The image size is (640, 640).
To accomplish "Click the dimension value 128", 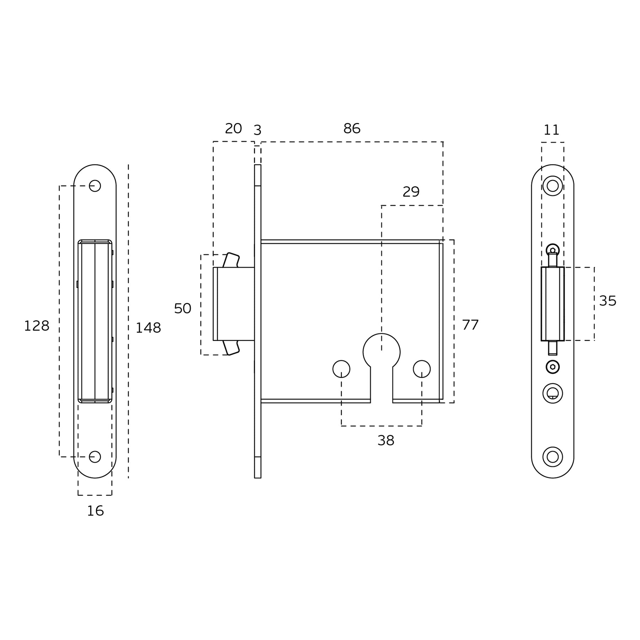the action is click(x=37, y=326).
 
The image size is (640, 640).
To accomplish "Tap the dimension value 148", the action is click(x=148, y=328).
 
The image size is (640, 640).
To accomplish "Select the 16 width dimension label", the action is click(x=95, y=511).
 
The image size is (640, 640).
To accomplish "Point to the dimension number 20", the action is click(x=233, y=128).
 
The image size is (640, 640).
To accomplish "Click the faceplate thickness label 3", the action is click(x=257, y=130).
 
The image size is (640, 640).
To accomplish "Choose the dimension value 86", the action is click(x=352, y=128).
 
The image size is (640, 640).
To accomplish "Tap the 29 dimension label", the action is click(x=411, y=192).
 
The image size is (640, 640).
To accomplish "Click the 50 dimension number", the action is click(x=182, y=308).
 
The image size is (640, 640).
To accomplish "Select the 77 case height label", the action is click(x=470, y=325).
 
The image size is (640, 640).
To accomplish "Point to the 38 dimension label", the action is click(x=386, y=441).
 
